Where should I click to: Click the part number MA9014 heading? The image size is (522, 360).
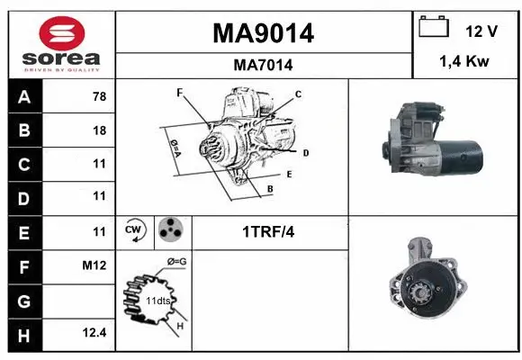point(263,33)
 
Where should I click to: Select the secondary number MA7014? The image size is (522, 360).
point(263,65)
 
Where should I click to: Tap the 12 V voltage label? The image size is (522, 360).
point(481,31)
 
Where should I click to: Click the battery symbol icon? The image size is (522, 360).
point(434,28)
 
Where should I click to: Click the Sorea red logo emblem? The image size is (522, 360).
point(61,32)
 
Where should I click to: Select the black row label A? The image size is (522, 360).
point(24,97)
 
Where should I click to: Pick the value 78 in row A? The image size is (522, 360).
point(99,97)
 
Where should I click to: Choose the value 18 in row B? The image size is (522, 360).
point(99,130)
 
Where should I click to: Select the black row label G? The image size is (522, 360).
point(24,300)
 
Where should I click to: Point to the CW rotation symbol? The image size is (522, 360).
point(135,231)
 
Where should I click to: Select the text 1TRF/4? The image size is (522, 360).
point(267,232)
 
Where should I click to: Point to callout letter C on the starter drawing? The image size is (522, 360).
point(298,94)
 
